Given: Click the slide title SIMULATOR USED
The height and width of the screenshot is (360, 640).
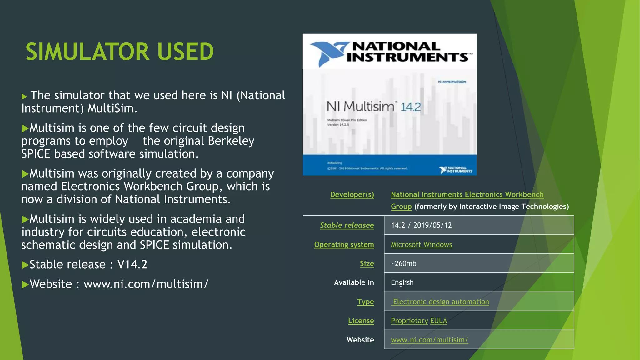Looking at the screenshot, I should pyautogui.click(x=120, y=52).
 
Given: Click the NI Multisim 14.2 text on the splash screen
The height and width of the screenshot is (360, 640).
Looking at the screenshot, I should pyautogui.click(x=373, y=107).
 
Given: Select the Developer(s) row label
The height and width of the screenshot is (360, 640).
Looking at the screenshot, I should pyautogui.click(x=352, y=194).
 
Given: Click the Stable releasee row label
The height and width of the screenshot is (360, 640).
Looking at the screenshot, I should pyautogui.click(x=347, y=225).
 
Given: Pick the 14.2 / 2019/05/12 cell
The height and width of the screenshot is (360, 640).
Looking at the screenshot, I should pyautogui.click(x=421, y=225).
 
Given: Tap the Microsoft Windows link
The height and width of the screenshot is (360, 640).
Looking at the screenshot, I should pyautogui.click(x=421, y=244).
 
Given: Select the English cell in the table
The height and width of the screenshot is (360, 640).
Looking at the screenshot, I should pyautogui.click(x=402, y=282).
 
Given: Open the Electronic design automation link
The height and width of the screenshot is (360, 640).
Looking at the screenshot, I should pyautogui.click(x=441, y=302).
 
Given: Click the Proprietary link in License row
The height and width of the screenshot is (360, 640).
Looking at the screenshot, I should pyautogui.click(x=409, y=321).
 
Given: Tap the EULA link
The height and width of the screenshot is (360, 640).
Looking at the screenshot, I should pyautogui.click(x=438, y=321).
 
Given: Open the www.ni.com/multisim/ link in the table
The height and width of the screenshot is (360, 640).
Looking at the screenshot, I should pyautogui.click(x=429, y=340).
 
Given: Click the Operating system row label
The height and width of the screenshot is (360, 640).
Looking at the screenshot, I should pyautogui.click(x=344, y=244).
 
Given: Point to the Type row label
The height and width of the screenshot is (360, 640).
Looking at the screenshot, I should pyautogui.click(x=365, y=302).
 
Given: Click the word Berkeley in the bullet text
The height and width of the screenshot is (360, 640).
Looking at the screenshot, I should pyautogui.click(x=231, y=141).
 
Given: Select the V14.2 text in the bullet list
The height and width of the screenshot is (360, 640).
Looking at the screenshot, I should pyautogui.click(x=132, y=265).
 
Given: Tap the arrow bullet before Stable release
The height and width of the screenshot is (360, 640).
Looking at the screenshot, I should pyautogui.click(x=25, y=265).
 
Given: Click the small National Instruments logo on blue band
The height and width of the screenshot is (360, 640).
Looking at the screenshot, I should pyautogui.click(x=456, y=170).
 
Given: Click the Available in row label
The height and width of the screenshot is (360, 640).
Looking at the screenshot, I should pyautogui.click(x=354, y=282).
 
